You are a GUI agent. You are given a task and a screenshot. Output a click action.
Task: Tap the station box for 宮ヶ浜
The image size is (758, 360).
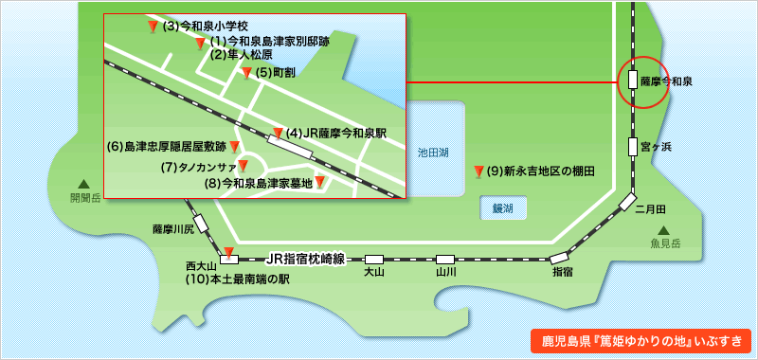pyautogui.click(x=632, y=147)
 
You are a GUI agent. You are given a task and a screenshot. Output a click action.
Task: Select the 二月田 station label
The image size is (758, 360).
pyautogui.click(x=652, y=208)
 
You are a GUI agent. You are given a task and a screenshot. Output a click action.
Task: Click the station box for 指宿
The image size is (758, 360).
pyautogui.click(x=560, y=257)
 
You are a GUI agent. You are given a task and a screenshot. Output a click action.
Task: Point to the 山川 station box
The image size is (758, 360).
pyautogui.click(x=445, y=259)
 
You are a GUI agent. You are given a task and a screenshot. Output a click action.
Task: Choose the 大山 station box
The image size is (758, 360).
pyautogui.click(x=374, y=259)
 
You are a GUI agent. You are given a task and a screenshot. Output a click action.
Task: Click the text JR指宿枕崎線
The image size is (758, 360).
pyautogui.click(x=305, y=258)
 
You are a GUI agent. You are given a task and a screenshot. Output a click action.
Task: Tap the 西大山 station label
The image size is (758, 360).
pyautogui.click(x=202, y=267)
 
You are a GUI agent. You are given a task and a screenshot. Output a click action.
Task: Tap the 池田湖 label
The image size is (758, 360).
pyautogui.click(x=433, y=152)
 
